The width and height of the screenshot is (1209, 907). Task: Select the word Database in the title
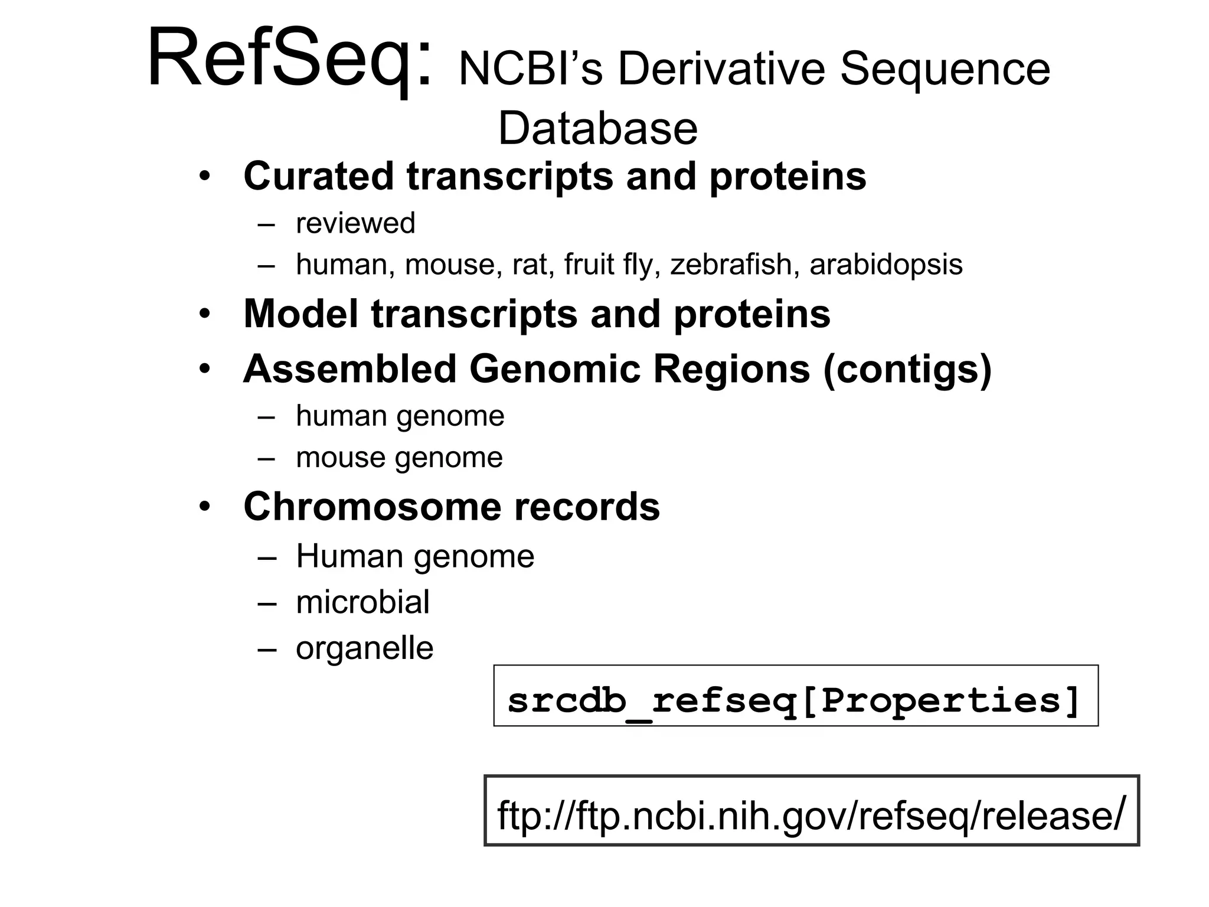coord(597,129)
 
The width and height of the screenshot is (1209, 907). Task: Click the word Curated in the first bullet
coord(318,176)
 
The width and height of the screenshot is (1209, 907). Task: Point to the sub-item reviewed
coord(355,223)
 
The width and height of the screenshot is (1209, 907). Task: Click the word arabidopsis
coord(885,265)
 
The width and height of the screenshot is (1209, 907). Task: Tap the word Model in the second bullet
coord(300,314)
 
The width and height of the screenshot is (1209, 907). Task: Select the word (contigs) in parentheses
coord(907,370)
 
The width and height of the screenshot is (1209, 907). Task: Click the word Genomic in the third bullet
coord(554,369)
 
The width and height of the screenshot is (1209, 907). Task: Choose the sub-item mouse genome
coord(399,458)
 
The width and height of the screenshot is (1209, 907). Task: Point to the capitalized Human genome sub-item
coord(415,556)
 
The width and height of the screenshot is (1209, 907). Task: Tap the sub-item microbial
coord(362,602)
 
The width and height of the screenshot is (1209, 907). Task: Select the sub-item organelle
coord(364,648)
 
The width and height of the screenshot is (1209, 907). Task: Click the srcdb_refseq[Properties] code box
coord(795,696)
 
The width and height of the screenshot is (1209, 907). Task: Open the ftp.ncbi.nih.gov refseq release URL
coord(811,815)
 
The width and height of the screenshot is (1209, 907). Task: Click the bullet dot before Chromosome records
coord(204,507)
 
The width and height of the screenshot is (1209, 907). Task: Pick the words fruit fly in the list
coord(611,264)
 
